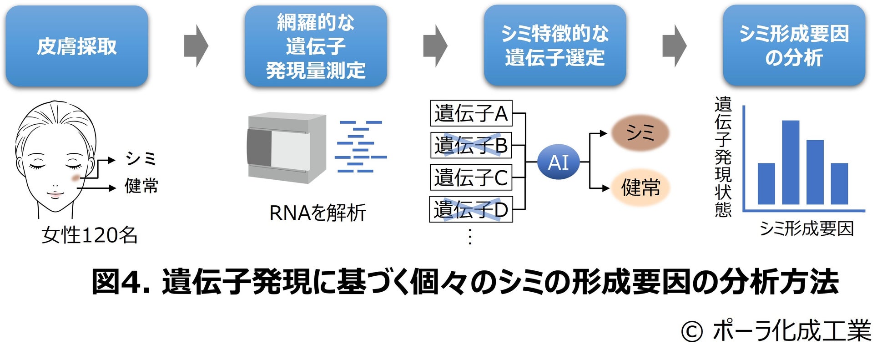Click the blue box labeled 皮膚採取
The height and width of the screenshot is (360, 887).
[x=77, y=46]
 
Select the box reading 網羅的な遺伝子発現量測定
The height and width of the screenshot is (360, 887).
[x=316, y=46]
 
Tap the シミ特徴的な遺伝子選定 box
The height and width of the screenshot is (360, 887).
[x=555, y=46]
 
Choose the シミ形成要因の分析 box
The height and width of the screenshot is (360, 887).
[x=794, y=46]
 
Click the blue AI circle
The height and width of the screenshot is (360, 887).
[x=558, y=162]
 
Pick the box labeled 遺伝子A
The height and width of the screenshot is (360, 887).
[x=471, y=113]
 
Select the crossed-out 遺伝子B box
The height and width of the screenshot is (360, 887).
[x=471, y=145]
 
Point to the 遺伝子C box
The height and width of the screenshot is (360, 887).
[x=471, y=177]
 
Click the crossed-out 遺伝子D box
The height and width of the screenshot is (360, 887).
[x=471, y=209]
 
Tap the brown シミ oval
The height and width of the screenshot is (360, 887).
[x=640, y=133]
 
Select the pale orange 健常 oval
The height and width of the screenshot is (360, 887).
[x=640, y=187]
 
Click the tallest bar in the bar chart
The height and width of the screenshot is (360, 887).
[x=791, y=162]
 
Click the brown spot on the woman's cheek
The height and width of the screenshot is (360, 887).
[x=76, y=178]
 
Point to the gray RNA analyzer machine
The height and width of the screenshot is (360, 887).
[x=287, y=148]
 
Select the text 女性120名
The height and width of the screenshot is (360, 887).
[x=89, y=235]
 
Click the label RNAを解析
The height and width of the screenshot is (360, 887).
[x=318, y=213]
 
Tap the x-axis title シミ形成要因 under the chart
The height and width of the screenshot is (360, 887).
[x=806, y=228]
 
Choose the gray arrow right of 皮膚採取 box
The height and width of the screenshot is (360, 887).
[x=196, y=46]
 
